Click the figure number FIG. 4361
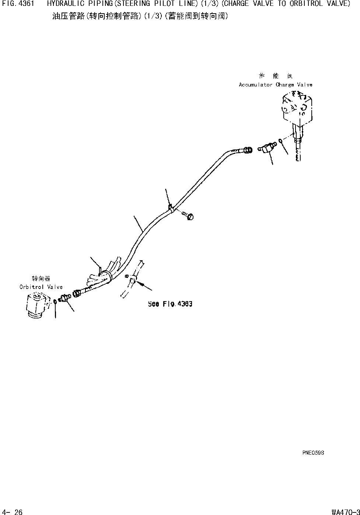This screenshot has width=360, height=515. tap(18, 4)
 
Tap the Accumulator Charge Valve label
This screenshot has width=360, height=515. tap(275, 85)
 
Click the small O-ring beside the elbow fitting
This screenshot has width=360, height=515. tap(281, 140)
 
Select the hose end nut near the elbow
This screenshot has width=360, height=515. tap(248, 150)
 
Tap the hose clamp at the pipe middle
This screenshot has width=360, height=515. tap(171, 209)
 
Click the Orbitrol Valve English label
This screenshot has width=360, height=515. tap(41, 287)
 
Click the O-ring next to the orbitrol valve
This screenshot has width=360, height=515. tap(55, 301)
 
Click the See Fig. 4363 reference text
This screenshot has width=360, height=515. tap(170, 304)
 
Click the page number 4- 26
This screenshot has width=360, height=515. tap(12, 512)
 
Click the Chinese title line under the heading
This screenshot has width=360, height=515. tap(140, 17)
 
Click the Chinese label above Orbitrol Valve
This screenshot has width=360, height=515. tap(41, 279)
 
